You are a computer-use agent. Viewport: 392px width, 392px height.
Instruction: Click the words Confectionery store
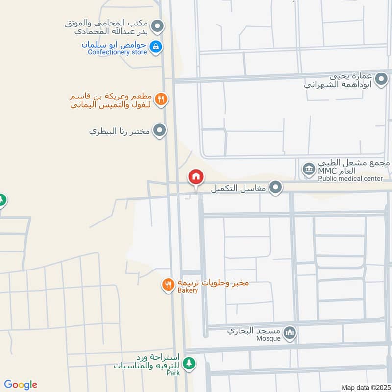coord(117,52)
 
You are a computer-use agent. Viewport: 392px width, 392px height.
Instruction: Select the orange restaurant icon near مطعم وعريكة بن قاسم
coord(161,100)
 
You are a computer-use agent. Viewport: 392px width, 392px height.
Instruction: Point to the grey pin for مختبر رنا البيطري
coord(159,131)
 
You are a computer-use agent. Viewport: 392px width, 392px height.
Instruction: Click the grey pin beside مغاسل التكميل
coord(276,187)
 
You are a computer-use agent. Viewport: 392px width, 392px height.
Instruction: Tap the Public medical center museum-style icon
coord(309,171)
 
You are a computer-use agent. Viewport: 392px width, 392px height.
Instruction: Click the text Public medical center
coord(350,179)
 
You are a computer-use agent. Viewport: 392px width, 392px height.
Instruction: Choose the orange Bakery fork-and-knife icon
coord(168,285)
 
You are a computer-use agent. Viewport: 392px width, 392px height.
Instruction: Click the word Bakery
coord(188,291)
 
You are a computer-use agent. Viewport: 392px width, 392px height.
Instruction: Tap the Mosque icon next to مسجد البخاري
coord(291,333)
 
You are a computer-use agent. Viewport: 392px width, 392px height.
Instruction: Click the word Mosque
coord(269,339)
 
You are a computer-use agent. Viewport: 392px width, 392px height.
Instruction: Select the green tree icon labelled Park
coord(189,364)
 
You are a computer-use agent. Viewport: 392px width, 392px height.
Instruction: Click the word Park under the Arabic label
coord(172,373)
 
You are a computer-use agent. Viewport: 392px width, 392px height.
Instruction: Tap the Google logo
coord(21,385)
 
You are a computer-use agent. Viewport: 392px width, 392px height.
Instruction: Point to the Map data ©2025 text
coord(365,387)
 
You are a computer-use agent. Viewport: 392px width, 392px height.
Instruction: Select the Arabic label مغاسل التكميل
coord(238,188)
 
